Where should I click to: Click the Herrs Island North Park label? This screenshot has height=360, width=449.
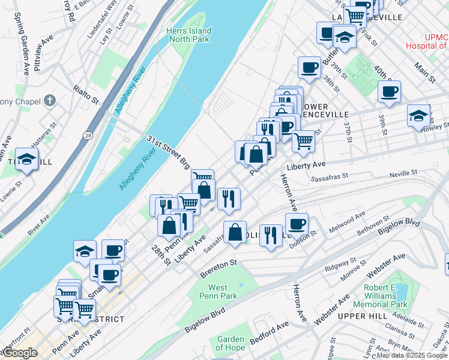tap(189, 35)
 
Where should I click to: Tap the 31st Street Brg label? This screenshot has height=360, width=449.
tap(168, 151)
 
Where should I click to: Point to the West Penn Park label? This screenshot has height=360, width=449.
tap(218, 292)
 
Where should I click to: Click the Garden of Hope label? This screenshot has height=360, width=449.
tap(231, 343)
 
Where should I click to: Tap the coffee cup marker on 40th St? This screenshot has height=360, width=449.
tap(389, 92)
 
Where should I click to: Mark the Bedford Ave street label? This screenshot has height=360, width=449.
tap(270, 331)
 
